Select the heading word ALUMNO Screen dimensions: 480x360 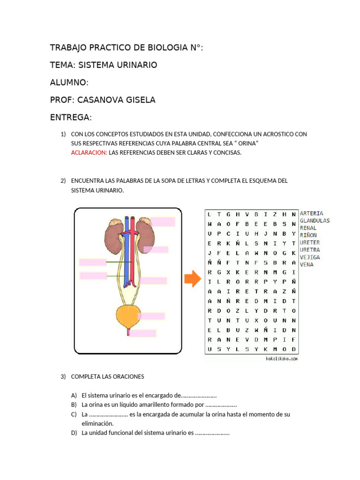tap(68, 82)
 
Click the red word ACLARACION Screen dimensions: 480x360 tap(89, 152)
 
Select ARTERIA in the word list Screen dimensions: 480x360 tap(311, 213)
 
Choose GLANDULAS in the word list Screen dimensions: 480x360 tap(315, 220)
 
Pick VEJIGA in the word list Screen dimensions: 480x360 tap(310, 257)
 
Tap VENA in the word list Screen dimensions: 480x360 tap(307, 264)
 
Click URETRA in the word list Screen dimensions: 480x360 tap(310, 250)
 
